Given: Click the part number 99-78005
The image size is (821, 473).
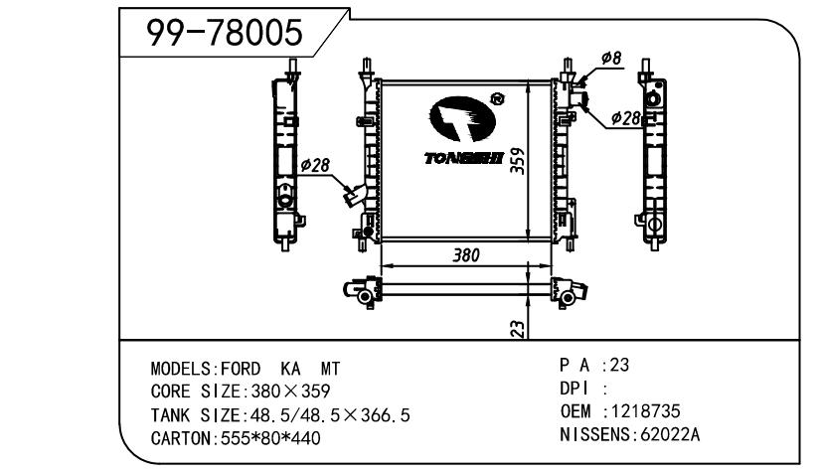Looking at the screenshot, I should (x=225, y=35).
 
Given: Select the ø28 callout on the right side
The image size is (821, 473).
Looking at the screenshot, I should (x=625, y=118).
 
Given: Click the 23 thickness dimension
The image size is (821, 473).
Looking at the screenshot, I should (x=517, y=329).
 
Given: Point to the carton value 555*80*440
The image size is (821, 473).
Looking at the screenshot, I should (x=264, y=438).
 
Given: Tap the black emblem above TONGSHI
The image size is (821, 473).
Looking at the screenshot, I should (x=462, y=120).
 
